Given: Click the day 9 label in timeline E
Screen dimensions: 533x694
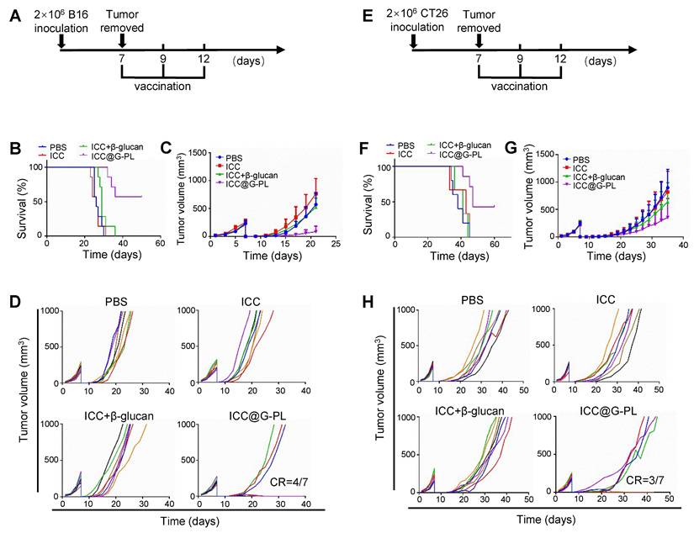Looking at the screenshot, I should pyautogui.click(x=520, y=61).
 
